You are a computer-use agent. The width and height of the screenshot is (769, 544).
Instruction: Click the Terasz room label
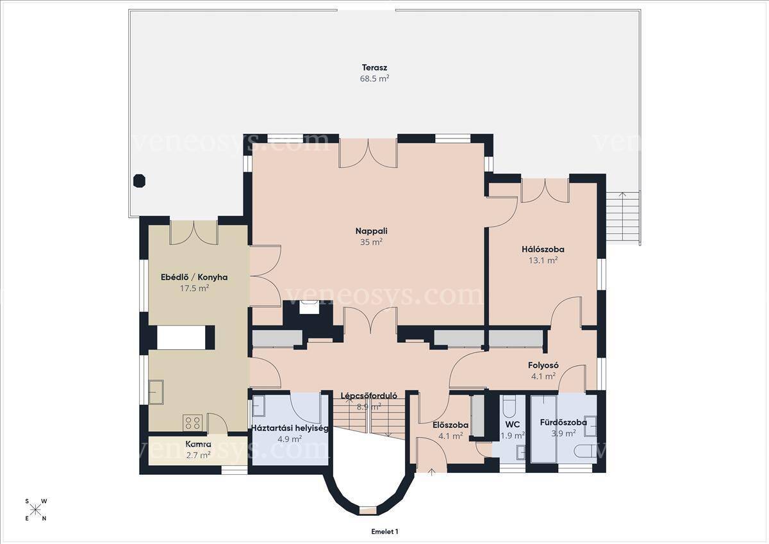(374, 68)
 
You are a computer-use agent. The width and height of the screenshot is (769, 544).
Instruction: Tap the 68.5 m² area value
(374, 79)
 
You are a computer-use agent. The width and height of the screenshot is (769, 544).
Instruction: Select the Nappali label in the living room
(372, 231)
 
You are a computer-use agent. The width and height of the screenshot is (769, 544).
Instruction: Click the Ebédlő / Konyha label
(194, 277)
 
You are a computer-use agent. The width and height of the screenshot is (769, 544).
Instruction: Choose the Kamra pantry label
(198, 444)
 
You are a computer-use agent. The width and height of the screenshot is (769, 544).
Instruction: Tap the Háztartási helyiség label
(290, 428)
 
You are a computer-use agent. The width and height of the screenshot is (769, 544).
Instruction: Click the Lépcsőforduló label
(368, 395)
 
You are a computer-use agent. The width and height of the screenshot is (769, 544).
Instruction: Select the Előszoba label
(451, 425)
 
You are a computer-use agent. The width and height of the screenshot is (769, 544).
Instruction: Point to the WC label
(512, 425)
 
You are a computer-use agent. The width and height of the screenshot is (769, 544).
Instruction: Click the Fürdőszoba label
(563, 422)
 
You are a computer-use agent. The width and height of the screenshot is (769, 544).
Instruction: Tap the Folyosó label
(543, 365)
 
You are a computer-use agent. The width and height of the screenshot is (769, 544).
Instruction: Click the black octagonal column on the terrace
(139, 181)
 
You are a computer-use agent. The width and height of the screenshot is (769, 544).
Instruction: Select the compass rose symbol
(35, 510)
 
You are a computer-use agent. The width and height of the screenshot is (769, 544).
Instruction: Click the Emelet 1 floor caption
(384, 532)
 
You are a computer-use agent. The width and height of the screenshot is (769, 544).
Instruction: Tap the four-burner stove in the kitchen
(193, 423)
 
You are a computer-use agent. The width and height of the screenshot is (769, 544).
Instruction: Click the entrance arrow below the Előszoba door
(431, 473)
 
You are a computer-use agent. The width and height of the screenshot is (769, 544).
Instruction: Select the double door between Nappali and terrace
(368, 153)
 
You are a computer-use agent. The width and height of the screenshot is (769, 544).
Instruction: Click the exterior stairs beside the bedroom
(623, 218)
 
